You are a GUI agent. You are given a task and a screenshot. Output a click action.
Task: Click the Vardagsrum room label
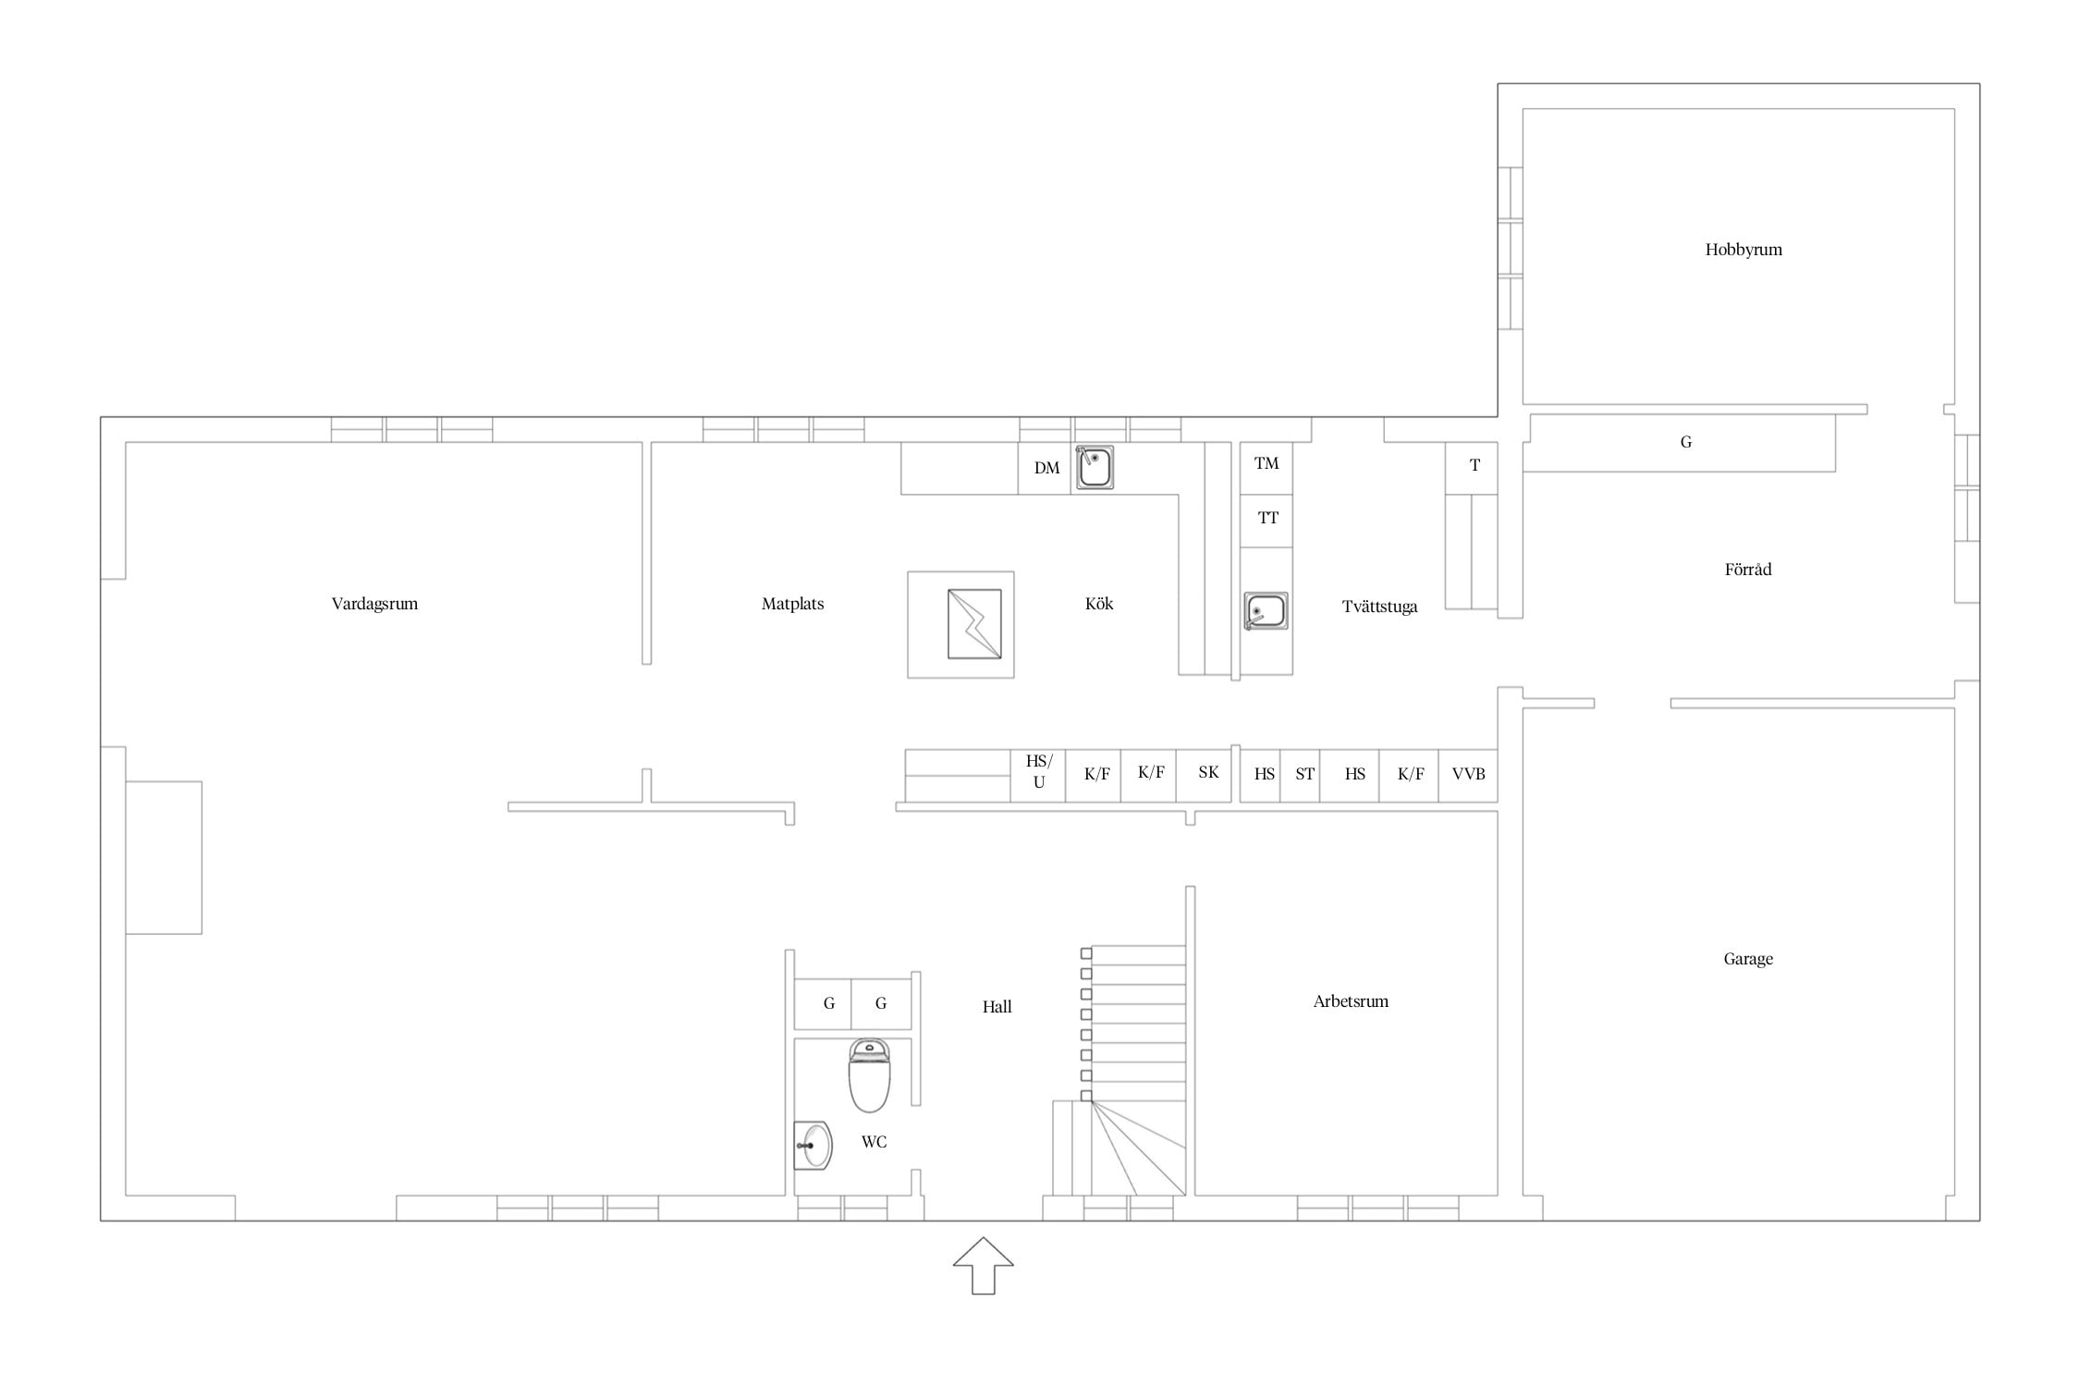click(x=374, y=604)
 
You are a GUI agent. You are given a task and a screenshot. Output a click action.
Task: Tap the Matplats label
click(x=792, y=604)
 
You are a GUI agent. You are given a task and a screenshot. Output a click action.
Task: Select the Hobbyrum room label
click(x=1744, y=250)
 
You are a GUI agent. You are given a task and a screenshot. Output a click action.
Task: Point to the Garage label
click(x=1748, y=959)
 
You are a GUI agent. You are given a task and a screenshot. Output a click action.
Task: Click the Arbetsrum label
click(x=1351, y=1000)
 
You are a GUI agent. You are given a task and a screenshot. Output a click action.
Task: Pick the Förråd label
click(x=1748, y=569)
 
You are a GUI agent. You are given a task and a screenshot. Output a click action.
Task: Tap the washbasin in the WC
click(x=813, y=1146)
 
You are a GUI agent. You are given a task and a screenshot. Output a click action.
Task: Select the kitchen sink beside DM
click(x=1095, y=467)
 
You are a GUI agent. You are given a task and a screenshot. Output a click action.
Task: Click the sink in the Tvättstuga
click(x=1266, y=611)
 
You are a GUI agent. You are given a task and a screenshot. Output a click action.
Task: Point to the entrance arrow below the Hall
click(x=984, y=1265)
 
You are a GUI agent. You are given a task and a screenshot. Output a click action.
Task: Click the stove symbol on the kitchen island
click(x=974, y=624)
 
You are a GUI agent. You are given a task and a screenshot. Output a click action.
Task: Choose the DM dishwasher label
click(x=1046, y=468)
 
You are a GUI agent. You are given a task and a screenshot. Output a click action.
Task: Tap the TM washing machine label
click(x=1266, y=463)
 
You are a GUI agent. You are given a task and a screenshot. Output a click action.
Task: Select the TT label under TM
click(x=1267, y=518)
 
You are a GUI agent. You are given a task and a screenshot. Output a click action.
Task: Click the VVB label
click(x=1468, y=774)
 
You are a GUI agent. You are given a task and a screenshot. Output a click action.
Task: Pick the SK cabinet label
click(x=1208, y=772)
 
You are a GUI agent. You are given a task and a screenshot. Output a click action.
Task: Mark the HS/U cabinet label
click(x=1039, y=772)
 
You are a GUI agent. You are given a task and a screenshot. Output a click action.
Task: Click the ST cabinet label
click(x=1304, y=774)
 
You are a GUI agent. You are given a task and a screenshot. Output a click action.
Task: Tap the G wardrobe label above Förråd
click(x=1686, y=442)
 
